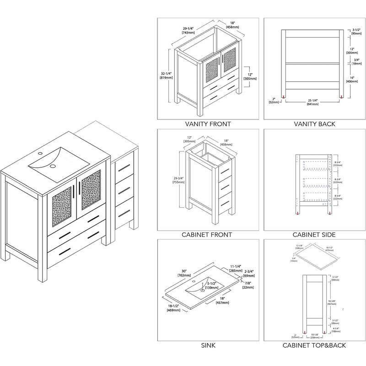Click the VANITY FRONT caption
coord(208,124)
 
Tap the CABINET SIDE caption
coord(314,235)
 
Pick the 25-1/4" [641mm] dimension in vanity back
coord(313,102)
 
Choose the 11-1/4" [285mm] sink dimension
coord(235,269)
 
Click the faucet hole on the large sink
coord(40,153)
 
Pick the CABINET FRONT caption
coord(208,235)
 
